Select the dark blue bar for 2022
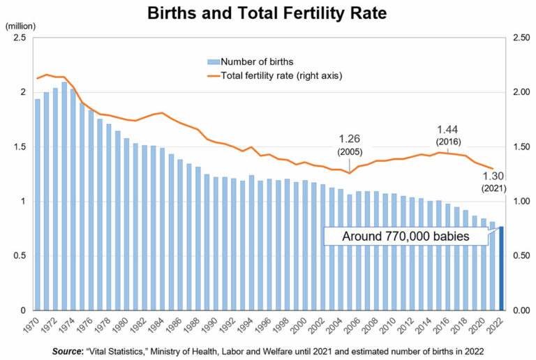[500, 268]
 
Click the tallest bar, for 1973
[64, 196]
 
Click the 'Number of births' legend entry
[258, 62]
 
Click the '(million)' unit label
[21, 27]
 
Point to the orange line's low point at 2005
[350, 173]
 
